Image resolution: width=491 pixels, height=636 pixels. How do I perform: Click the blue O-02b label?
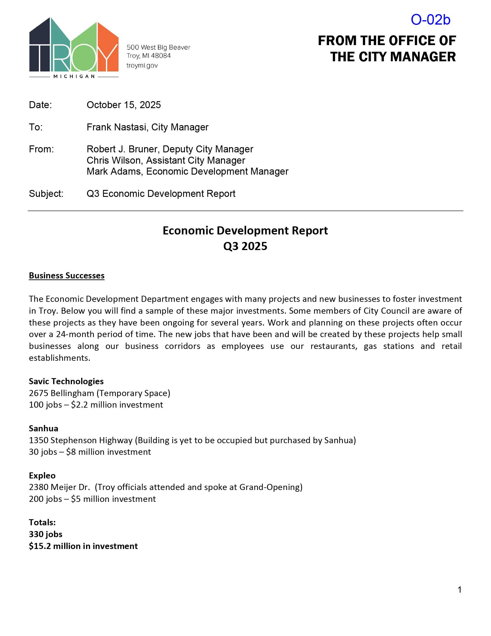click(x=430, y=20)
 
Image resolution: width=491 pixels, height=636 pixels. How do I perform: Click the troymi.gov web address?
click(x=142, y=66)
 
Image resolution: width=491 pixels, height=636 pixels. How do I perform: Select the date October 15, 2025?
click(x=124, y=105)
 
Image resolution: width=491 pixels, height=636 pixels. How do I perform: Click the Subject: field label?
click(x=46, y=194)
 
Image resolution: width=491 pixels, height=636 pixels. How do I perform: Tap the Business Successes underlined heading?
click(x=67, y=276)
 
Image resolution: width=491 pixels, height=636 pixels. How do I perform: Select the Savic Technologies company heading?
click(x=66, y=381)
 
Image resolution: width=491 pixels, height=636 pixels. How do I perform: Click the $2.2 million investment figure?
click(x=117, y=405)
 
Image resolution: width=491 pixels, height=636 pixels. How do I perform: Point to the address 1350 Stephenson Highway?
click(x=81, y=440)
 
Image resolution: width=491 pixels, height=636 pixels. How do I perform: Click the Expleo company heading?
click(x=42, y=475)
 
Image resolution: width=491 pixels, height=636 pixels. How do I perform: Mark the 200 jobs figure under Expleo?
click(x=45, y=499)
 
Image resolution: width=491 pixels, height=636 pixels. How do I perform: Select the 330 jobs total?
click(x=46, y=534)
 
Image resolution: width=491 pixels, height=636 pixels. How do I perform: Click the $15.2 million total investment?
click(x=83, y=546)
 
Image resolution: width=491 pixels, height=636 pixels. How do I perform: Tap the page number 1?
click(x=459, y=590)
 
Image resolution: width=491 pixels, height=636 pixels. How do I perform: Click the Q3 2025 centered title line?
click(x=245, y=246)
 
